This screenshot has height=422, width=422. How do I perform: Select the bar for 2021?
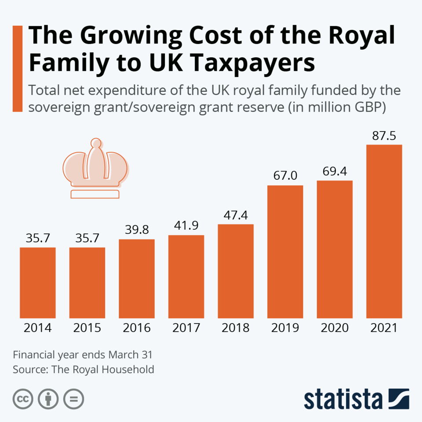click(x=384, y=231)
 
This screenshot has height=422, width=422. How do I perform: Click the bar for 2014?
click(x=38, y=283)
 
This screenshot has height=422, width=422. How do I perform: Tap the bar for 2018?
click(x=236, y=271)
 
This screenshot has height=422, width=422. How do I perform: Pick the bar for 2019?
click(x=285, y=251)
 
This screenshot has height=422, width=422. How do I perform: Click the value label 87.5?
click(x=384, y=136)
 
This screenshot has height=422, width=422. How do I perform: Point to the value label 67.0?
click(x=285, y=176)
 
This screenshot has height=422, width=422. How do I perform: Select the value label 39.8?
click(x=137, y=230)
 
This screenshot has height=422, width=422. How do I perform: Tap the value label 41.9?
click(x=186, y=226)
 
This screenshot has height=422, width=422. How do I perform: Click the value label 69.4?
click(x=335, y=171)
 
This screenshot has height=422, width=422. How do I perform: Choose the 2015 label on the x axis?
click(x=87, y=328)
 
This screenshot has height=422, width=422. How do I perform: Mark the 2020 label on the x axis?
click(x=335, y=328)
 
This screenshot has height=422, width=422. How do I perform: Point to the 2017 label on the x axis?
click(x=186, y=328)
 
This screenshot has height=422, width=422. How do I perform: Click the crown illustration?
click(x=95, y=169)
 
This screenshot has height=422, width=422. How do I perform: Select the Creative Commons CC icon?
click(x=23, y=399)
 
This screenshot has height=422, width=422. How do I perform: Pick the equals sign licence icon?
click(x=73, y=399)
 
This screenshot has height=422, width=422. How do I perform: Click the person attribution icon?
click(x=48, y=399)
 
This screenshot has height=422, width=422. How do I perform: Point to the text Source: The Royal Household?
click(x=84, y=369)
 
